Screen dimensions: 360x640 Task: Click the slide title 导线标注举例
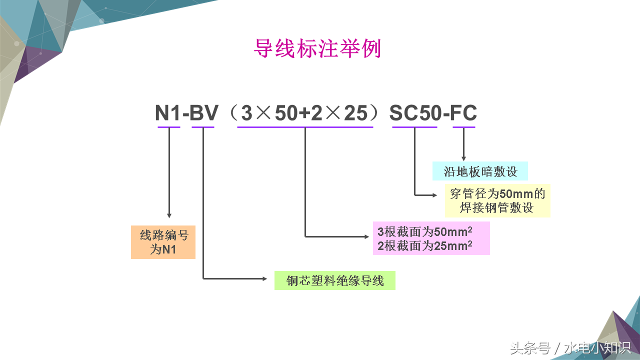[317, 49]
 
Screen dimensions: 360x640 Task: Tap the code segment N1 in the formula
[168, 114]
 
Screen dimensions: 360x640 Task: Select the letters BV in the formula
[203, 114]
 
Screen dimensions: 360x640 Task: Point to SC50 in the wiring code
[414, 114]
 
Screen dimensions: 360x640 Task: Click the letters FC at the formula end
[463, 114]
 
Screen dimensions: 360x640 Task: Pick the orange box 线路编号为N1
[163, 242]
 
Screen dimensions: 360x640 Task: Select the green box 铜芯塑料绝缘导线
[334, 280]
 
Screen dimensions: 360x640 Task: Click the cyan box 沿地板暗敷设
[479, 171]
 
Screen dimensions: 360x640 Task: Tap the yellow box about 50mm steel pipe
[497, 200]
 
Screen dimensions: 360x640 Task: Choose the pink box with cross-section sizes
[431, 238]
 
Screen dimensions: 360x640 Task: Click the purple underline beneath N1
[168, 127]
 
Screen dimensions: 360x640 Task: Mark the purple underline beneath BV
[203, 127]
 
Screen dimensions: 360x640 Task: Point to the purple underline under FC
[464, 127]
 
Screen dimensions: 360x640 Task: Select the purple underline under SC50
[414, 127]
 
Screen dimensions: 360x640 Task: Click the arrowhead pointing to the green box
[265, 278]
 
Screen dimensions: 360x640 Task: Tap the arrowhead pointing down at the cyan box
[464, 158]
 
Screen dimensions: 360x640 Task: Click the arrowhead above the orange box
[169, 215]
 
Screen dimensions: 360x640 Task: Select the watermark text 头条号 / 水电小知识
[570, 348]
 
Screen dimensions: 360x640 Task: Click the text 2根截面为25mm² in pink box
[424, 245]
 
